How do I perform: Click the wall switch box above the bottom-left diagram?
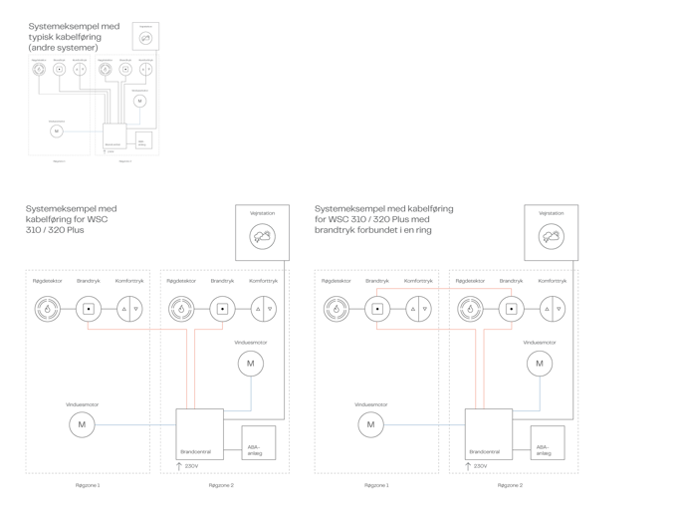click(262, 233)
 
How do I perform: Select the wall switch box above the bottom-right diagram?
click(550, 233)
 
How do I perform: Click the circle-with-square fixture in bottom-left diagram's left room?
click(88, 310)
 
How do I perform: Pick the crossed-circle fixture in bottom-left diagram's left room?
click(129, 310)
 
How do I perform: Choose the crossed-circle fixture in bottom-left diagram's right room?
click(263, 310)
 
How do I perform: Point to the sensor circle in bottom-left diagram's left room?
click(82, 425)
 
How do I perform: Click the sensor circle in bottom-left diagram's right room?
click(250, 364)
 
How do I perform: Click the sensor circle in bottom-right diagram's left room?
click(370, 425)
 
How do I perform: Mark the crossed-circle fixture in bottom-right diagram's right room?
click(552, 310)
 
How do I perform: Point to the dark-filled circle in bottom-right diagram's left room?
click(336, 310)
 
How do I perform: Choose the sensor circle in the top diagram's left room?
click(57, 130)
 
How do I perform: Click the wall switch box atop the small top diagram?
click(146, 37)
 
